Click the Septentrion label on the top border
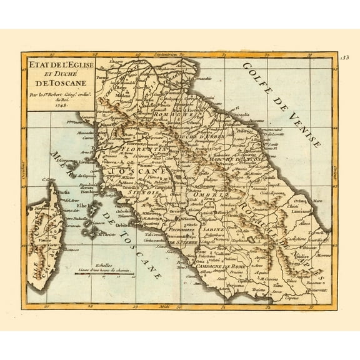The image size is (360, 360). point(160,55)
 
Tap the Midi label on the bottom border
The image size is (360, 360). point(164,306)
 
